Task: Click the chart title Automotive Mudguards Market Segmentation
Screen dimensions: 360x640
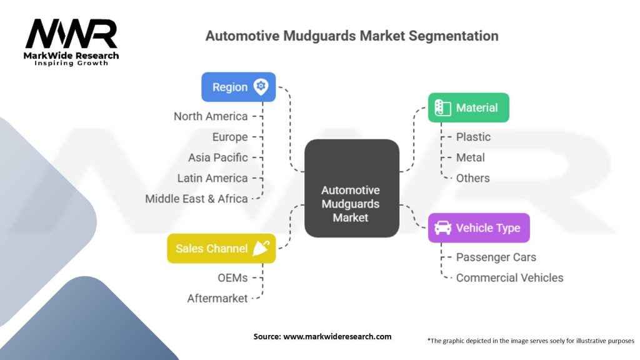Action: click(352, 36)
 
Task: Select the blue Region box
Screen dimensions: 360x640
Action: click(238, 87)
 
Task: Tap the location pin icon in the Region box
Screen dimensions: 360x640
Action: click(261, 87)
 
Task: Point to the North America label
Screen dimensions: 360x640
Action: click(211, 116)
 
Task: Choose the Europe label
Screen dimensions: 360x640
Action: click(230, 137)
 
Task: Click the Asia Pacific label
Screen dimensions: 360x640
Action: click(218, 157)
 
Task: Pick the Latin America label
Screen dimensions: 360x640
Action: click(212, 178)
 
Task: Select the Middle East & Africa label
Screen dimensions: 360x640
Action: click(196, 199)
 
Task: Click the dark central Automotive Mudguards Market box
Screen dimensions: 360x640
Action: click(351, 188)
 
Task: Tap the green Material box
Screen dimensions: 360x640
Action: click(468, 107)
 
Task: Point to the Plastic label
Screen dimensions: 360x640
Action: click(473, 137)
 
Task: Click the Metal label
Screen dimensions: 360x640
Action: click(470, 157)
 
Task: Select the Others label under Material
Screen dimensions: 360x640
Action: click(472, 178)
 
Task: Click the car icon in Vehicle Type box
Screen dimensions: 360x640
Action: click(443, 227)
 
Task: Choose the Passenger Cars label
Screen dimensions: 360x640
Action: click(496, 257)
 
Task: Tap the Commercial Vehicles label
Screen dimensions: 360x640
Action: click(509, 277)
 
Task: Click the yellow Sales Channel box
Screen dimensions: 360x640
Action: click(221, 248)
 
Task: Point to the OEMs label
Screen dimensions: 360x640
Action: click(232, 277)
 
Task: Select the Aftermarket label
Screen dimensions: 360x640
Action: click(217, 298)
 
